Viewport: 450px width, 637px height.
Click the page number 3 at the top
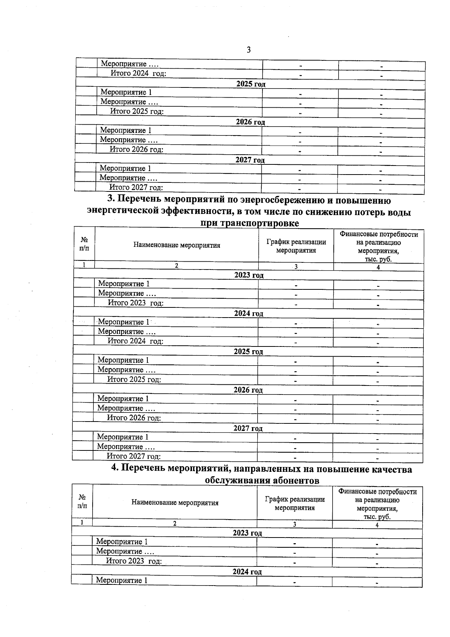249,50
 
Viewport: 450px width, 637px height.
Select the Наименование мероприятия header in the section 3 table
177,245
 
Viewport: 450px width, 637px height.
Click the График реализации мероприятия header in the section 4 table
294,503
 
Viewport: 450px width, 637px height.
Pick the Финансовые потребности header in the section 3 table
379,234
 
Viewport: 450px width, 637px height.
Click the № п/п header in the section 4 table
82,501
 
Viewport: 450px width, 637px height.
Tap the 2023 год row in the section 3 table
249,276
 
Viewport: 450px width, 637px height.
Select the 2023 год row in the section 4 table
247,533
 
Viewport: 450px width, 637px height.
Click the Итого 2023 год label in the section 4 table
134,561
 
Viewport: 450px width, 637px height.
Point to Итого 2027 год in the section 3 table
134,456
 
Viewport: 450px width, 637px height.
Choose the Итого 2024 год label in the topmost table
138,74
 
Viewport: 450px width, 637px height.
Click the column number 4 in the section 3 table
378,267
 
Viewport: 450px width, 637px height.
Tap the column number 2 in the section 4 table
174,523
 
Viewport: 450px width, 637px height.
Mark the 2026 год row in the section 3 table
248,390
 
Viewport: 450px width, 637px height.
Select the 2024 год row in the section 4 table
247,572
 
